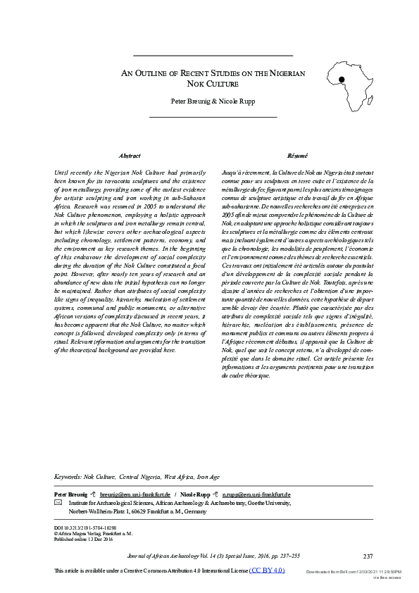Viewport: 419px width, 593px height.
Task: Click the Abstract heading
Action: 130,155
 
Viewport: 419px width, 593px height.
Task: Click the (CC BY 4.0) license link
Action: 268,569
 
